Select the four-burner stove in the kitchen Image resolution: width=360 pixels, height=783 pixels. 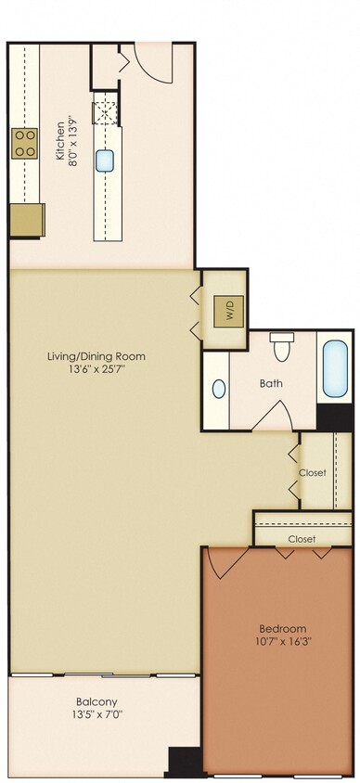coord(24,142)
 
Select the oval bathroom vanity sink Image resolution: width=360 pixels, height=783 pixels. coord(219,389)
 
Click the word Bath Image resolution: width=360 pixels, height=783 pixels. coord(271,382)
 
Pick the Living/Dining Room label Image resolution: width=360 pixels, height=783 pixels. coord(97,355)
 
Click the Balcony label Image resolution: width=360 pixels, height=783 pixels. coord(97,701)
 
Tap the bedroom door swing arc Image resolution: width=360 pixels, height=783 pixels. coord(223,562)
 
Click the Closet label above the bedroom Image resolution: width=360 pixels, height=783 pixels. coord(302,538)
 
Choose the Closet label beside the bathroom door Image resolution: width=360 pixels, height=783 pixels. coord(313,472)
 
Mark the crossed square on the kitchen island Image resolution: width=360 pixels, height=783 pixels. coord(104,111)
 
